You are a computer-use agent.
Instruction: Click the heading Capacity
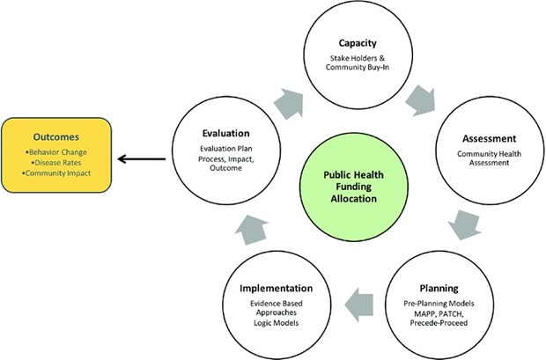point(358,43)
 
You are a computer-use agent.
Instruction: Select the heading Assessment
point(490,138)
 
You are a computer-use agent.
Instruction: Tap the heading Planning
point(439,289)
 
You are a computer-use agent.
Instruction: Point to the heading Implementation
point(277,289)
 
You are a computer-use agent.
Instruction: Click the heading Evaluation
point(226,133)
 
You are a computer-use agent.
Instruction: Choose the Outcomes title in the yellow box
point(56,137)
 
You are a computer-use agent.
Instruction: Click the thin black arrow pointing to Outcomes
point(142,159)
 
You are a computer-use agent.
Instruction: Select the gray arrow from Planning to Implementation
point(359,305)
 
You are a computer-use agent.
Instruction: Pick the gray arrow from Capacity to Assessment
point(420,101)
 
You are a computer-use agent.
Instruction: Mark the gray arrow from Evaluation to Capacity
point(289,104)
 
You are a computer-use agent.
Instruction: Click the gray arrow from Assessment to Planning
point(464,224)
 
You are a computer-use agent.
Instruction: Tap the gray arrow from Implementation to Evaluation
point(251,230)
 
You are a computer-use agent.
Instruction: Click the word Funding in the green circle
point(354,187)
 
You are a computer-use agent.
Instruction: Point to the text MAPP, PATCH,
point(439,314)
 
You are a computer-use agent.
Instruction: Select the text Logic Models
point(277,323)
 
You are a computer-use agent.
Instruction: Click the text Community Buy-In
point(358,67)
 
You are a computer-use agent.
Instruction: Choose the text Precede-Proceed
point(439,323)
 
